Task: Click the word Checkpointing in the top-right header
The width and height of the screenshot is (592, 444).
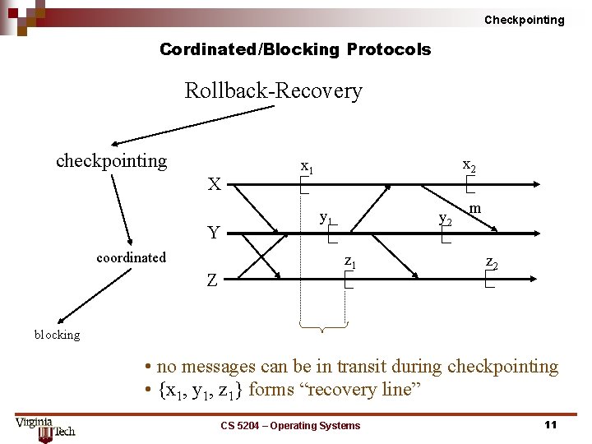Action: [x=524, y=20]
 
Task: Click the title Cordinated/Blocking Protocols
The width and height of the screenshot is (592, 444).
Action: [x=295, y=49]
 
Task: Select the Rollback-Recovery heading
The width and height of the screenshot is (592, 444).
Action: [x=273, y=90]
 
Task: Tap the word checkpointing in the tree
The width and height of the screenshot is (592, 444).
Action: [x=111, y=160]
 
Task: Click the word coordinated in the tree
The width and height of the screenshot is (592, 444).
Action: [x=131, y=257]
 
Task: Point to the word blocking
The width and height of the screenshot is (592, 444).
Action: [x=57, y=335]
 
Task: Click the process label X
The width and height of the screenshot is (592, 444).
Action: [x=214, y=184]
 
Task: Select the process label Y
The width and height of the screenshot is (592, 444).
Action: [x=214, y=233]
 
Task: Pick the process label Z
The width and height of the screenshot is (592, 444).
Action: [x=212, y=280]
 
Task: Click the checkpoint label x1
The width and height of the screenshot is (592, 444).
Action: [x=307, y=167]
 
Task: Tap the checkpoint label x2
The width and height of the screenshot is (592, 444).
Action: [x=469, y=164]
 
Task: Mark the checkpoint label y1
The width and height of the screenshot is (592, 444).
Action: [x=326, y=219]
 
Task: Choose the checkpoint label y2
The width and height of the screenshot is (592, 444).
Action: [x=445, y=219]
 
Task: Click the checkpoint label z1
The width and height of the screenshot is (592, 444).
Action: [x=349, y=262]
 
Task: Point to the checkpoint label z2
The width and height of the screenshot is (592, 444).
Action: [x=491, y=262]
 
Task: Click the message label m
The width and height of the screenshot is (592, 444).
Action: [x=476, y=210]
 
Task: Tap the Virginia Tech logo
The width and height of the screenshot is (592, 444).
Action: [x=44, y=428]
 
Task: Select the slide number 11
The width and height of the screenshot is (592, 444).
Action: [x=550, y=424]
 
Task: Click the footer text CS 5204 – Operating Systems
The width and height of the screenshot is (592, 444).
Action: [x=290, y=425]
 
